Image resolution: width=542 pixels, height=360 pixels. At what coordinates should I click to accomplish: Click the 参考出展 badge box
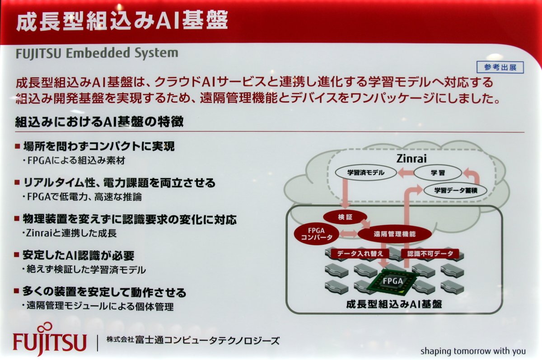click(500, 67)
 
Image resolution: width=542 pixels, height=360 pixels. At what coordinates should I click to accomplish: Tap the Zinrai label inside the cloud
click(411, 159)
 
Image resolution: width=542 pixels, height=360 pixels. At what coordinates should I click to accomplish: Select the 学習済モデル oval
click(366, 173)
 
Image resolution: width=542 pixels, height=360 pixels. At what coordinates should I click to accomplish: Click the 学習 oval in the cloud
click(438, 173)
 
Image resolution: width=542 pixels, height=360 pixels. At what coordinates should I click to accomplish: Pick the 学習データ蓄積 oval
click(456, 191)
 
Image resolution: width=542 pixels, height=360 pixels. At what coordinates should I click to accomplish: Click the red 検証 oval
click(345, 217)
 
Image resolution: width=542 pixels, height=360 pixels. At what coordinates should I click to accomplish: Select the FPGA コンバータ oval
click(316, 234)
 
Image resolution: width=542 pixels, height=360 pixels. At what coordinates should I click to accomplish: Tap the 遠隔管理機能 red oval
click(395, 234)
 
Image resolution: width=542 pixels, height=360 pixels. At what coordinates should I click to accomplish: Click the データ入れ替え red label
click(360, 253)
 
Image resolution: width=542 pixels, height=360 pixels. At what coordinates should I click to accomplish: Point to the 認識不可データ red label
click(430, 253)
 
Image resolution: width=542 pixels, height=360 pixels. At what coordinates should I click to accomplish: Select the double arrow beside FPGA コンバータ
click(348, 234)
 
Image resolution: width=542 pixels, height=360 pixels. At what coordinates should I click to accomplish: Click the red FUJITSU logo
click(50, 339)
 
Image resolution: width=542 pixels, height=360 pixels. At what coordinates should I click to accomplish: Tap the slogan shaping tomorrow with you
click(473, 351)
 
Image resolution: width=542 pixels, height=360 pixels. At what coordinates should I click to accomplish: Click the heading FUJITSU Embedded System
click(97, 53)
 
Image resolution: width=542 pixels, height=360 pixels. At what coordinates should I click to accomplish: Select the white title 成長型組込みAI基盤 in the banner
click(122, 21)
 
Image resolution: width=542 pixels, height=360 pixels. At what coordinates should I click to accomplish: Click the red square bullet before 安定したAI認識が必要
click(16, 255)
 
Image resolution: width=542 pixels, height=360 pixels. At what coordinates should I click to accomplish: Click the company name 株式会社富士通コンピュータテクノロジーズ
click(193, 341)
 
